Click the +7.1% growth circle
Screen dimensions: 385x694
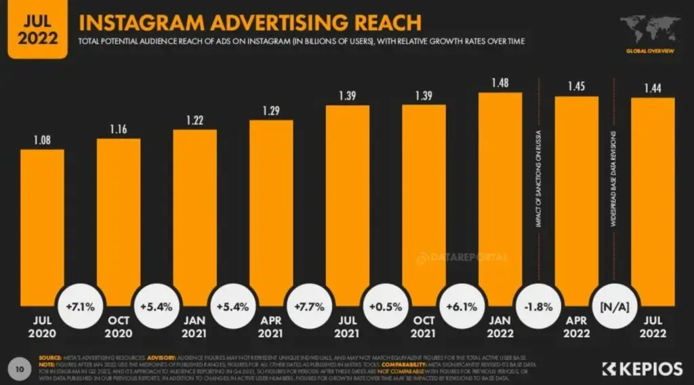(x=81, y=306)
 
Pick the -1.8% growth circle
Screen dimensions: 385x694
(x=538, y=306)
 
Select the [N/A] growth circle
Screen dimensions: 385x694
(x=615, y=306)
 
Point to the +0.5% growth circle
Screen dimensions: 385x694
(x=386, y=306)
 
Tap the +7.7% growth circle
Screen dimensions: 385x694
(x=309, y=306)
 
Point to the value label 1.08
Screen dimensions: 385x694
(x=42, y=140)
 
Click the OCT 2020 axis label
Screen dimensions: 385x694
(x=119, y=327)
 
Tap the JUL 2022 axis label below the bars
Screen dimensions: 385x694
(x=653, y=327)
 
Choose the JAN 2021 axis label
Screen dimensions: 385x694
(x=195, y=327)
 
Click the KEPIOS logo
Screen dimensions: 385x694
(x=642, y=369)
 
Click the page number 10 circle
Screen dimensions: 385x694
(x=20, y=368)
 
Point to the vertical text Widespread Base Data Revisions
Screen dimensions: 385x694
(x=613, y=169)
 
